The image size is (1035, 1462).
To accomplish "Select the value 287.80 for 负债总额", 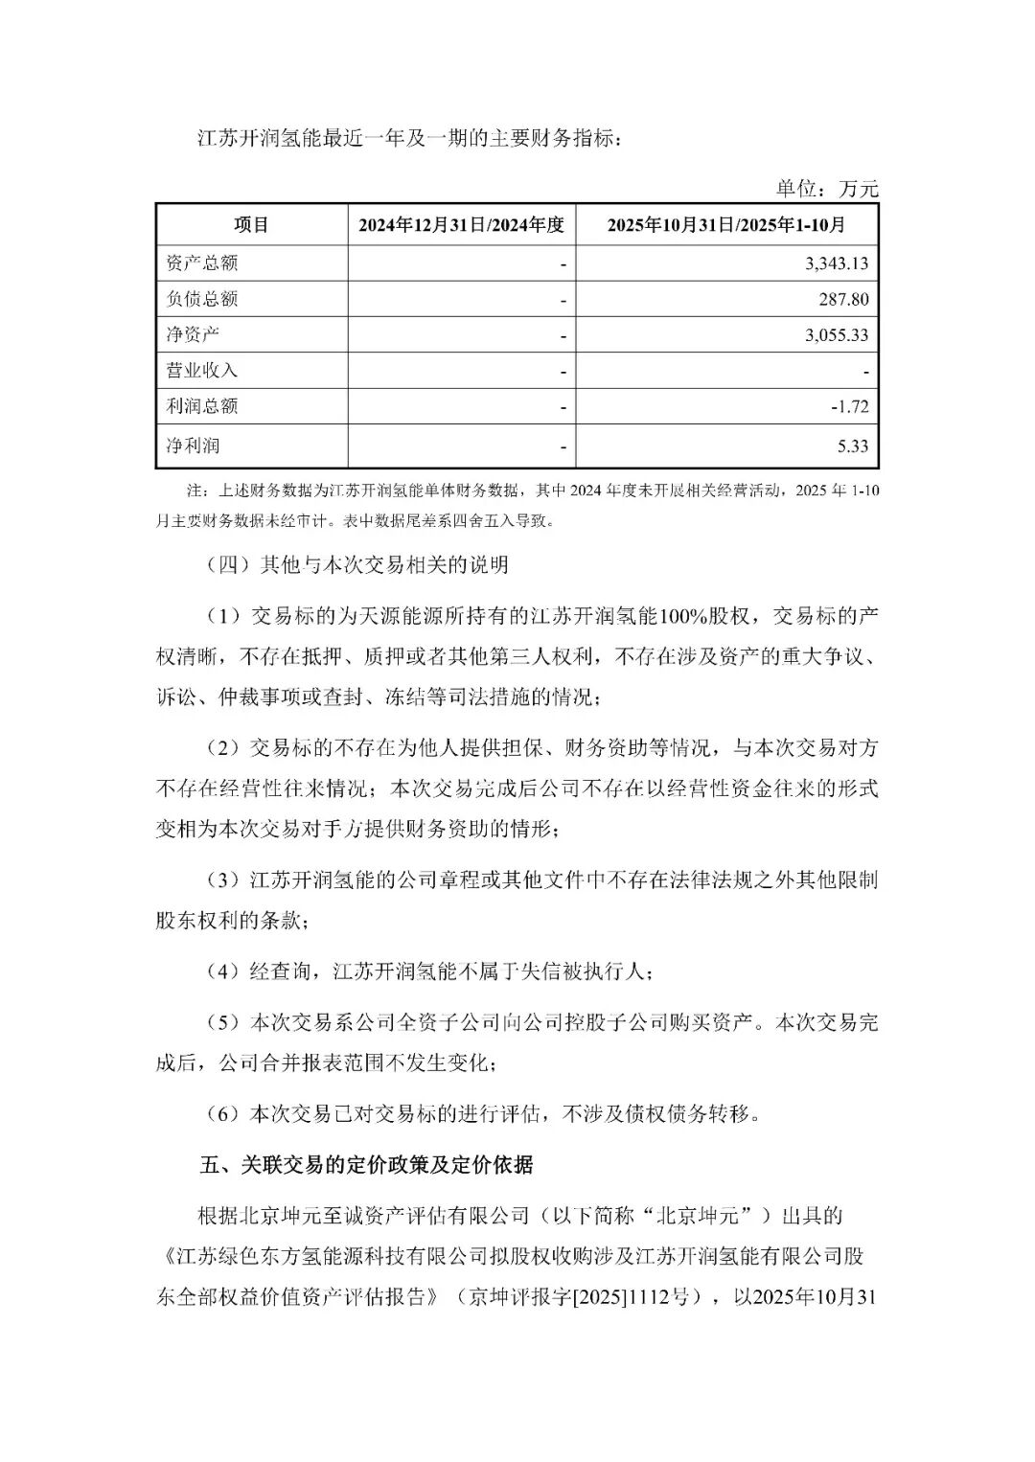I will pyautogui.click(x=844, y=299).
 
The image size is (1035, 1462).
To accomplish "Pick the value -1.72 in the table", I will pyautogui.click(x=850, y=406).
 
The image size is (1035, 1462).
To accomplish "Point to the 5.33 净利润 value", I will pyautogui.click(x=853, y=446).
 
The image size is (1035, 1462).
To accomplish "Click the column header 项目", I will pyautogui.click(x=251, y=225).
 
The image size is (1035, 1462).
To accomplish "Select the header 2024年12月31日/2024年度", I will pyautogui.click(x=461, y=226).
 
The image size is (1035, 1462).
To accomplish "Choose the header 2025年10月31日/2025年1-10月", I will pyautogui.click(x=726, y=226).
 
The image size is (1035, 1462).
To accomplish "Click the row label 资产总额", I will pyautogui.click(x=202, y=263).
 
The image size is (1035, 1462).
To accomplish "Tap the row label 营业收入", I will pyautogui.click(x=202, y=370).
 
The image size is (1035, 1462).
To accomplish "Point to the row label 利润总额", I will pyautogui.click(x=202, y=406).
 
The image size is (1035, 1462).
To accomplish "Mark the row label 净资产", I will pyautogui.click(x=193, y=334).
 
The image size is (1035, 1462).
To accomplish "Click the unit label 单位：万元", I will pyautogui.click(x=826, y=189).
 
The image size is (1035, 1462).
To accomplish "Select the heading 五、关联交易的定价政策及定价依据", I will pyautogui.click(x=367, y=1165).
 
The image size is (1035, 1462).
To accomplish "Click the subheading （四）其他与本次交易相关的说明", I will pyautogui.click(x=356, y=565).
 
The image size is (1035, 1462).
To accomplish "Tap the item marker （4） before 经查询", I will pyautogui.click(x=222, y=971).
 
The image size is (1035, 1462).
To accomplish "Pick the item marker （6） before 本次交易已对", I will pyautogui.click(x=222, y=1114).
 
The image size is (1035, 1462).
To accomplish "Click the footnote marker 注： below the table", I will pyautogui.click(x=197, y=491).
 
